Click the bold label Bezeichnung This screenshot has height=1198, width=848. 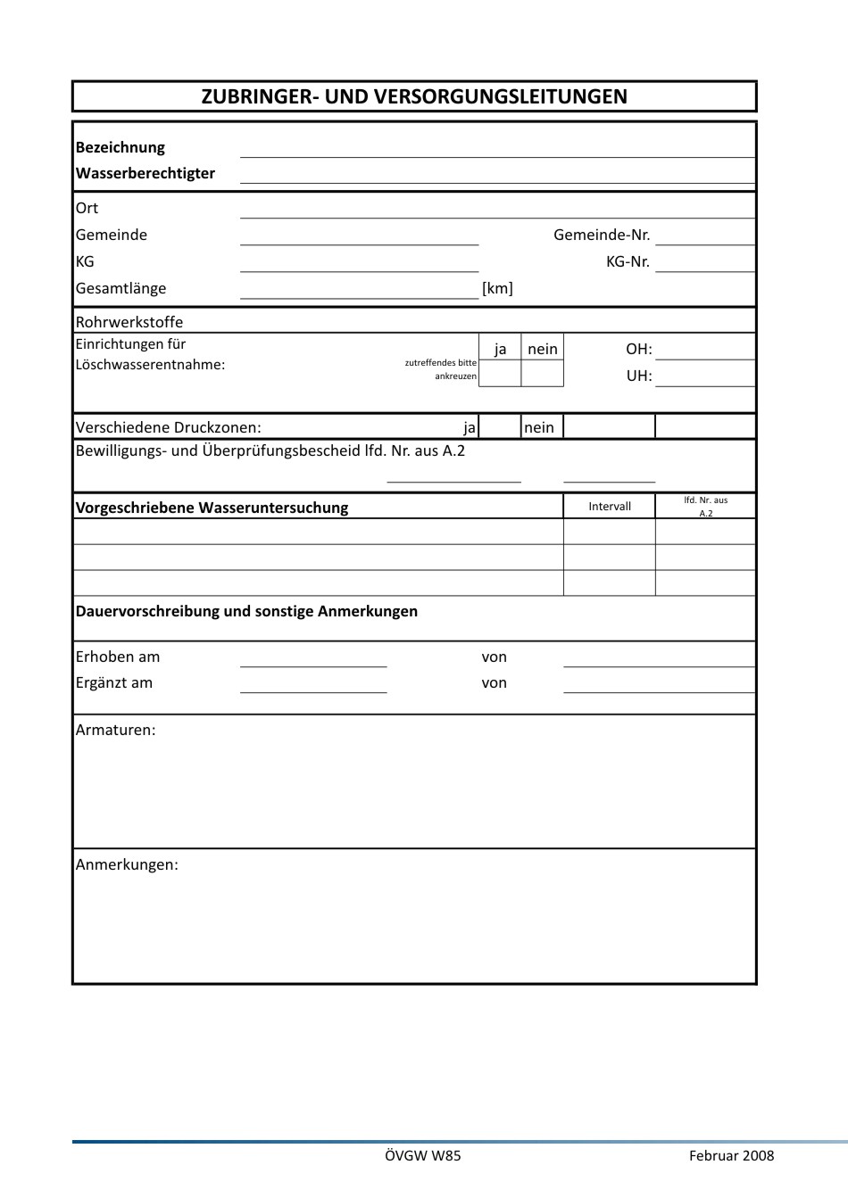pos(121,147)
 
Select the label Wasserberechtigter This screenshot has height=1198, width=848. pos(145,173)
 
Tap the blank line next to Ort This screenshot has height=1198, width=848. pos(497,211)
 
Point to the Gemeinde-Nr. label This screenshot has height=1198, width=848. pos(602,235)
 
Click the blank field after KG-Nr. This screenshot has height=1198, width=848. pos(704,264)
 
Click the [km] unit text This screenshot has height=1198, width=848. pos(497,288)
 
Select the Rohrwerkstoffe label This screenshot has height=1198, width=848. pos(129,322)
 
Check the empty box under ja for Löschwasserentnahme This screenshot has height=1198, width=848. pos(500,374)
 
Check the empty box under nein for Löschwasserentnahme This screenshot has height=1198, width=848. pos(542,374)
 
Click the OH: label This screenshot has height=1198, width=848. pos(639,349)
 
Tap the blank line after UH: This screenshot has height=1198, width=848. pos(704,378)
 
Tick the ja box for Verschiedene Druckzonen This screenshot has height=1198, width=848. pos(500,427)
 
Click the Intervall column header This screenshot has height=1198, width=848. pos(610,507)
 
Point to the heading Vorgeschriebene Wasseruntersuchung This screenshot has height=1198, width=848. pos(212,508)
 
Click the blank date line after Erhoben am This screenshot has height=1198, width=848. pos(313,659)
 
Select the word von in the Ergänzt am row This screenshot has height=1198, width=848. pos(495,682)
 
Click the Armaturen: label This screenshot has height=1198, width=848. pos(116,730)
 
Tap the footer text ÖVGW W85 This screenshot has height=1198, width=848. pos(423,1155)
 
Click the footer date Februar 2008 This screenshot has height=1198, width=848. pos(731,1155)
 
